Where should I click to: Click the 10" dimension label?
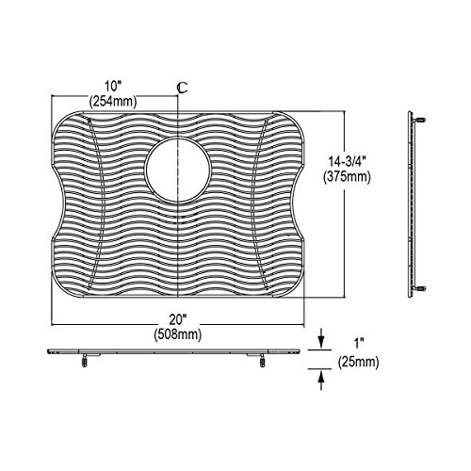click(113, 86)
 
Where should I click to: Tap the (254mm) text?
click(113, 102)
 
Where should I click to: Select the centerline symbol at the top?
click(182, 89)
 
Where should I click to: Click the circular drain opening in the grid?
click(178, 171)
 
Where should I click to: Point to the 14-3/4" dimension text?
click(347, 161)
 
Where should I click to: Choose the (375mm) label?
click(347, 177)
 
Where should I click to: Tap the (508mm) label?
click(178, 334)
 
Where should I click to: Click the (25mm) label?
click(359, 363)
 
